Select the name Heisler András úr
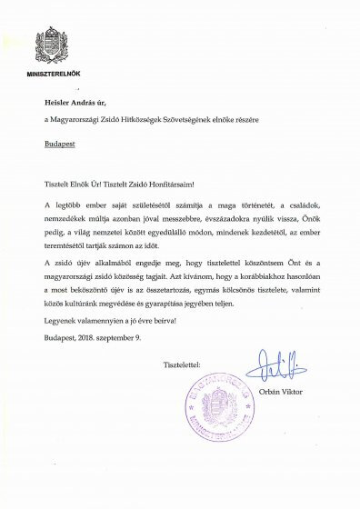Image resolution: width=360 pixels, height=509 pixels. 76,103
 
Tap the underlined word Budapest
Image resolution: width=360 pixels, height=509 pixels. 60,144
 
